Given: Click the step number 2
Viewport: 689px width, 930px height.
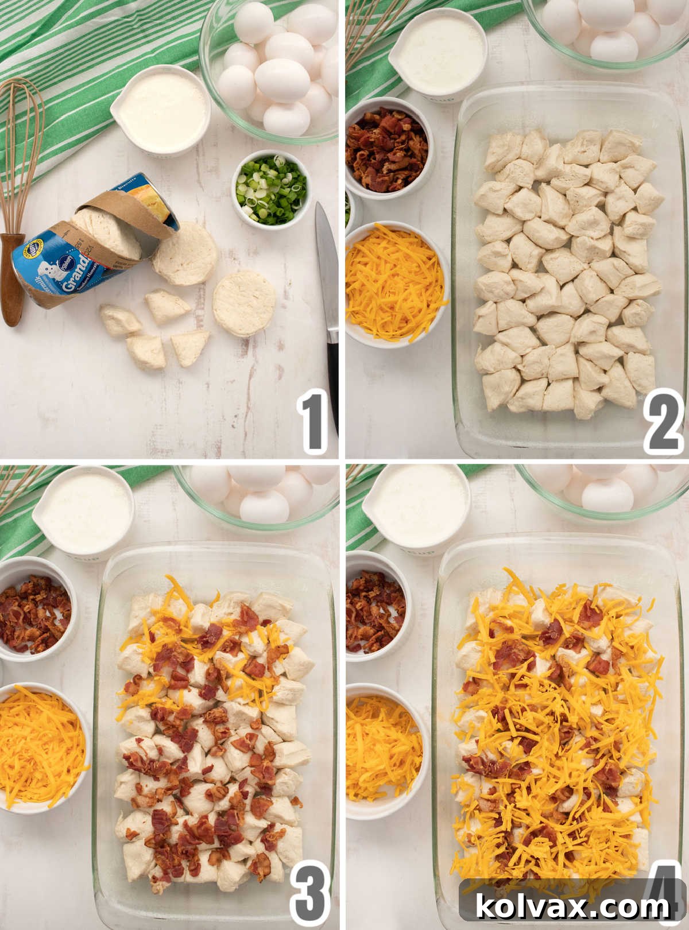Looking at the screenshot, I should click(663, 423).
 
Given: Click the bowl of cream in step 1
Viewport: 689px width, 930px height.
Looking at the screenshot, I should click(162, 111).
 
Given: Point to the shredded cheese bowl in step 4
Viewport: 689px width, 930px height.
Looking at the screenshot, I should click(384, 741).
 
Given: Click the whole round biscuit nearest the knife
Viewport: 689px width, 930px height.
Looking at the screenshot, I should click(243, 304).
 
